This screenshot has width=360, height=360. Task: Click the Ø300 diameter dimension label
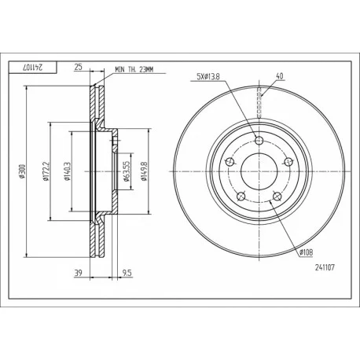coord(22,171)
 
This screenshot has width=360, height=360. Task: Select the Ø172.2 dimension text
coord(46,171)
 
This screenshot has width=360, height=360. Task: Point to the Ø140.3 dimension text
coord(67,171)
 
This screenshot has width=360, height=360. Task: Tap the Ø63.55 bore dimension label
coord(126,171)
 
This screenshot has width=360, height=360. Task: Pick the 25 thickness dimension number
coord(78,67)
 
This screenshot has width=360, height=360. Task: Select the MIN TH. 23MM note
coord(134,69)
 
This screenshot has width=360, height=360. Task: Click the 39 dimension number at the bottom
coord(78,274)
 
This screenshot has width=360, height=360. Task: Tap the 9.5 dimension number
coord(127,274)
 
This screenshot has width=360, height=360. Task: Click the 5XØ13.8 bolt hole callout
coord(208,76)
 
